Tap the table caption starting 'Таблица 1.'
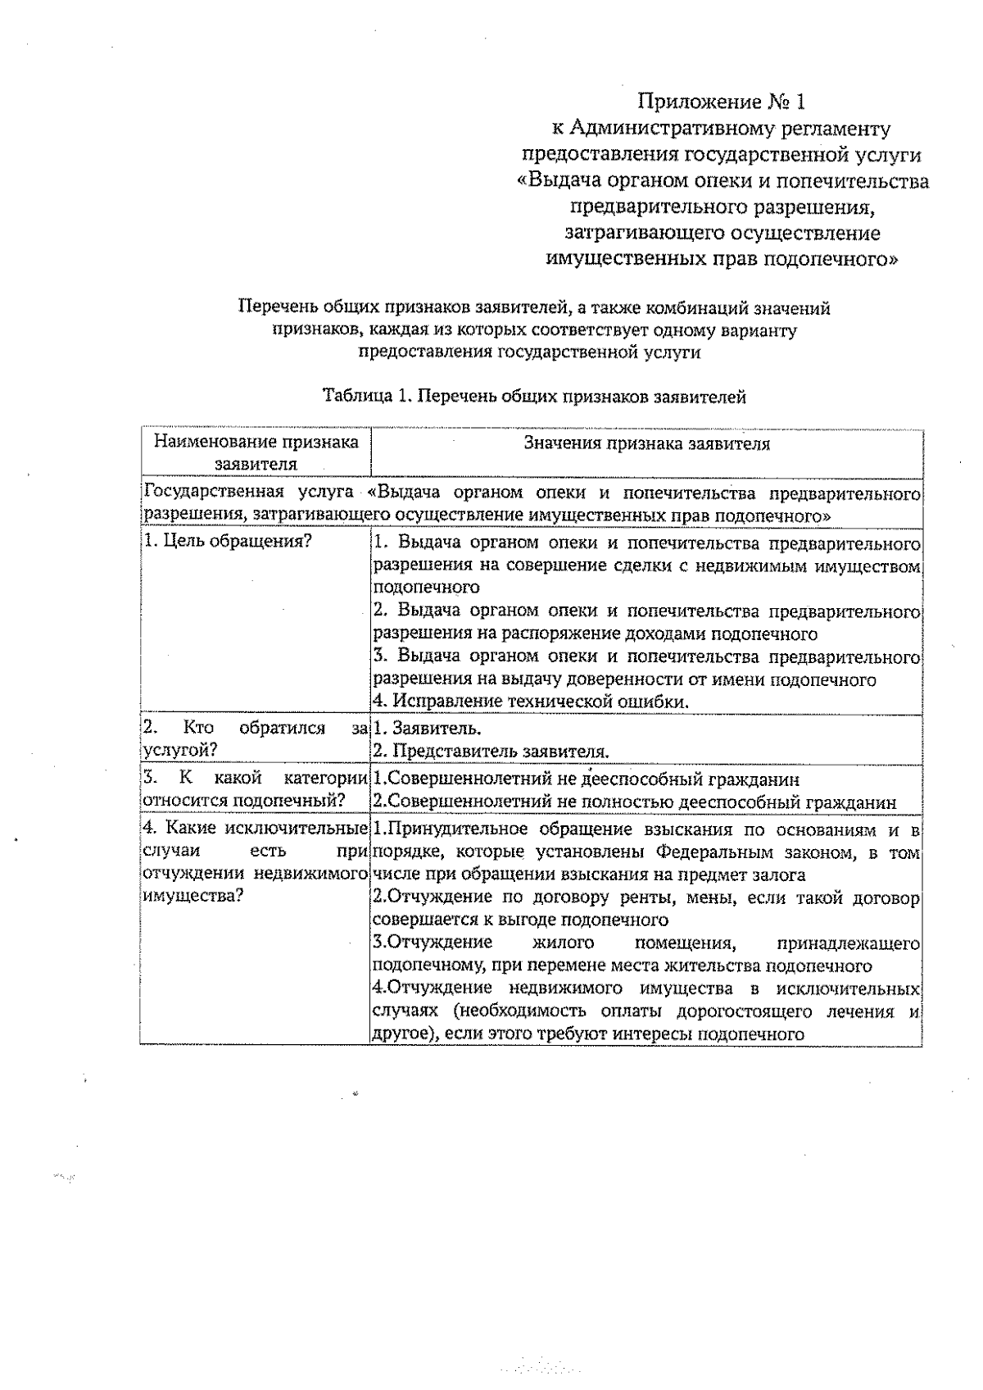[534, 397]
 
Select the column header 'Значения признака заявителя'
[646, 444]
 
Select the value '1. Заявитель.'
[427, 728]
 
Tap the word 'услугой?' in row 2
[179, 750]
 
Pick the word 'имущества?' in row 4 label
[193, 896]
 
